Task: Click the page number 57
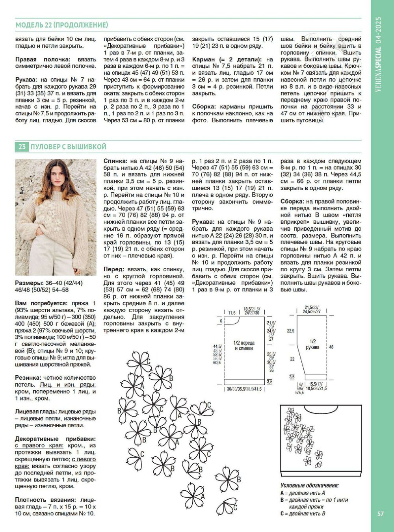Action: coord(381,513)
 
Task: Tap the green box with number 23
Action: coord(22,146)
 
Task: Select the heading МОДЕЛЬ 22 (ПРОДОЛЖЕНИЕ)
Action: coord(61,25)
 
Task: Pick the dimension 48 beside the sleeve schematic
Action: coord(331,347)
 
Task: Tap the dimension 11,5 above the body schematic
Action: coord(232,313)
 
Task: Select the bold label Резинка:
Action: coord(28,377)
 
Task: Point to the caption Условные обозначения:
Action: coord(309,486)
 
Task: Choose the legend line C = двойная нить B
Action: coord(303,513)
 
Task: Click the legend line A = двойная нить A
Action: coord(303,493)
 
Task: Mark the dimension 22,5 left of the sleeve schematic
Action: coord(291,331)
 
